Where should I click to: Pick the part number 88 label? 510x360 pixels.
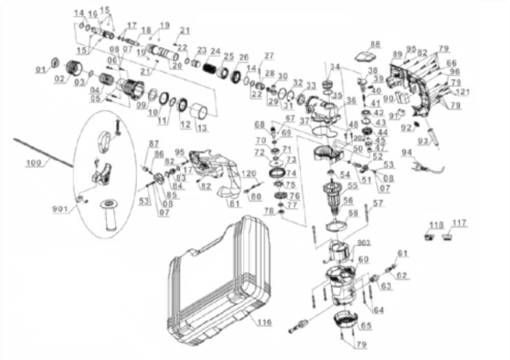point(375,44)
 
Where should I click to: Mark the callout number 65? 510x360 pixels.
point(365,325)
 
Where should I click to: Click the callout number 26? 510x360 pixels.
point(244,57)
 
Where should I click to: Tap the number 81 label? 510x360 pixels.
point(234,204)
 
